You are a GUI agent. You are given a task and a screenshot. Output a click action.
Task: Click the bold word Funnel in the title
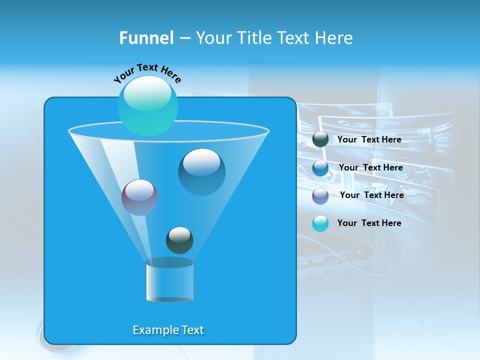(146, 38)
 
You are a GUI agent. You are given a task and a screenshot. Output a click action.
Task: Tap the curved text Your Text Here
(147, 72)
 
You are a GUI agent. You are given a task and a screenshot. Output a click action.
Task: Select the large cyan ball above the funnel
(147, 106)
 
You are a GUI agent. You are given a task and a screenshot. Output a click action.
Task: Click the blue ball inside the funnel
(201, 172)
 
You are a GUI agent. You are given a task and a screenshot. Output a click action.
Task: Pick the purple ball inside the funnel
(139, 197)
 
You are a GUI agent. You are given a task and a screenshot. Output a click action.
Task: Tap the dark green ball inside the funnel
(179, 240)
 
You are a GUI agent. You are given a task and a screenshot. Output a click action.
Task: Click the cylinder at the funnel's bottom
(169, 281)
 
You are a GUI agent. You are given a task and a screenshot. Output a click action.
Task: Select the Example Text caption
(168, 330)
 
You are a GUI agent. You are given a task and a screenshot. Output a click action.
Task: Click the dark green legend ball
(320, 139)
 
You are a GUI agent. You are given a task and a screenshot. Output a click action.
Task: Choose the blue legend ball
(320, 168)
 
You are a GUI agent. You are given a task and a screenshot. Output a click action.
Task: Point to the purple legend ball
(320, 196)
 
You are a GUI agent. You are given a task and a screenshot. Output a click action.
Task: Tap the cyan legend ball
(320, 223)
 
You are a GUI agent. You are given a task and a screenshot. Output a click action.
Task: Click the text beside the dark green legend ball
(369, 139)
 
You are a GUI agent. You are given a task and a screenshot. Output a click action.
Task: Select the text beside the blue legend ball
(370, 167)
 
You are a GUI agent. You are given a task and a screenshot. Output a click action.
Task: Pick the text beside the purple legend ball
(371, 195)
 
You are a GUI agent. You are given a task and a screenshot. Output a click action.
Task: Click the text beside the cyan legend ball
(369, 223)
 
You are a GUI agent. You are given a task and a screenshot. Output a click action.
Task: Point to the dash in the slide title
(184, 38)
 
